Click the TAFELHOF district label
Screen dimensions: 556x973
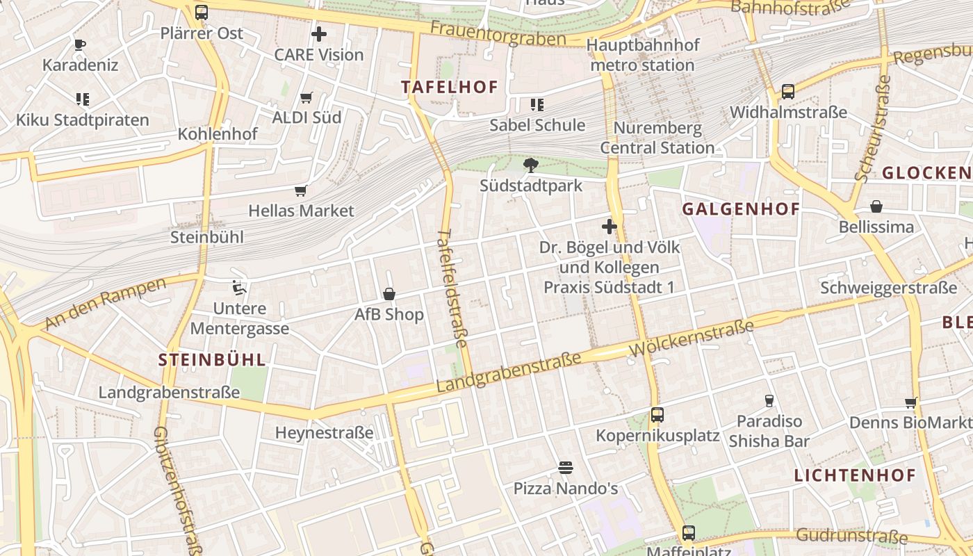[450, 87]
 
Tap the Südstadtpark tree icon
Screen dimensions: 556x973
[531, 165]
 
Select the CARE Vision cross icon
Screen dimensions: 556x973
[319, 33]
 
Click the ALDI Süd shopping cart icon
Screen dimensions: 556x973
[306, 97]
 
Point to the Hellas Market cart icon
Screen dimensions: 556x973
[301, 190]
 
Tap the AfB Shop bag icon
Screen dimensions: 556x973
[389, 294]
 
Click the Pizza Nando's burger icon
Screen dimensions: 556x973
[565, 468]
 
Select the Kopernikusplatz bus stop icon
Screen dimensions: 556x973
[657, 415]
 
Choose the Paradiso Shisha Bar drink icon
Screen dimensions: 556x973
[769, 400]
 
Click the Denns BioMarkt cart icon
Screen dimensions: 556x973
[911, 402]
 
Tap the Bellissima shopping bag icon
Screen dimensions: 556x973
[876, 206]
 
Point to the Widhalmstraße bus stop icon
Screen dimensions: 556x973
[788, 92]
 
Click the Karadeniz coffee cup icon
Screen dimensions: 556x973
[80, 45]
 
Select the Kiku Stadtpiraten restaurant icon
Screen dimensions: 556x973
[83, 99]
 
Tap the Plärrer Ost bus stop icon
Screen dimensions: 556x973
[202, 12]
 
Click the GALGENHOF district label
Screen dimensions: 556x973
[741, 209]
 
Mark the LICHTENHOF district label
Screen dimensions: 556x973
[855, 475]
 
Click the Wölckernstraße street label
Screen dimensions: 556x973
[692, 340]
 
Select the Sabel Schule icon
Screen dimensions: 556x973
[537, 105]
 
